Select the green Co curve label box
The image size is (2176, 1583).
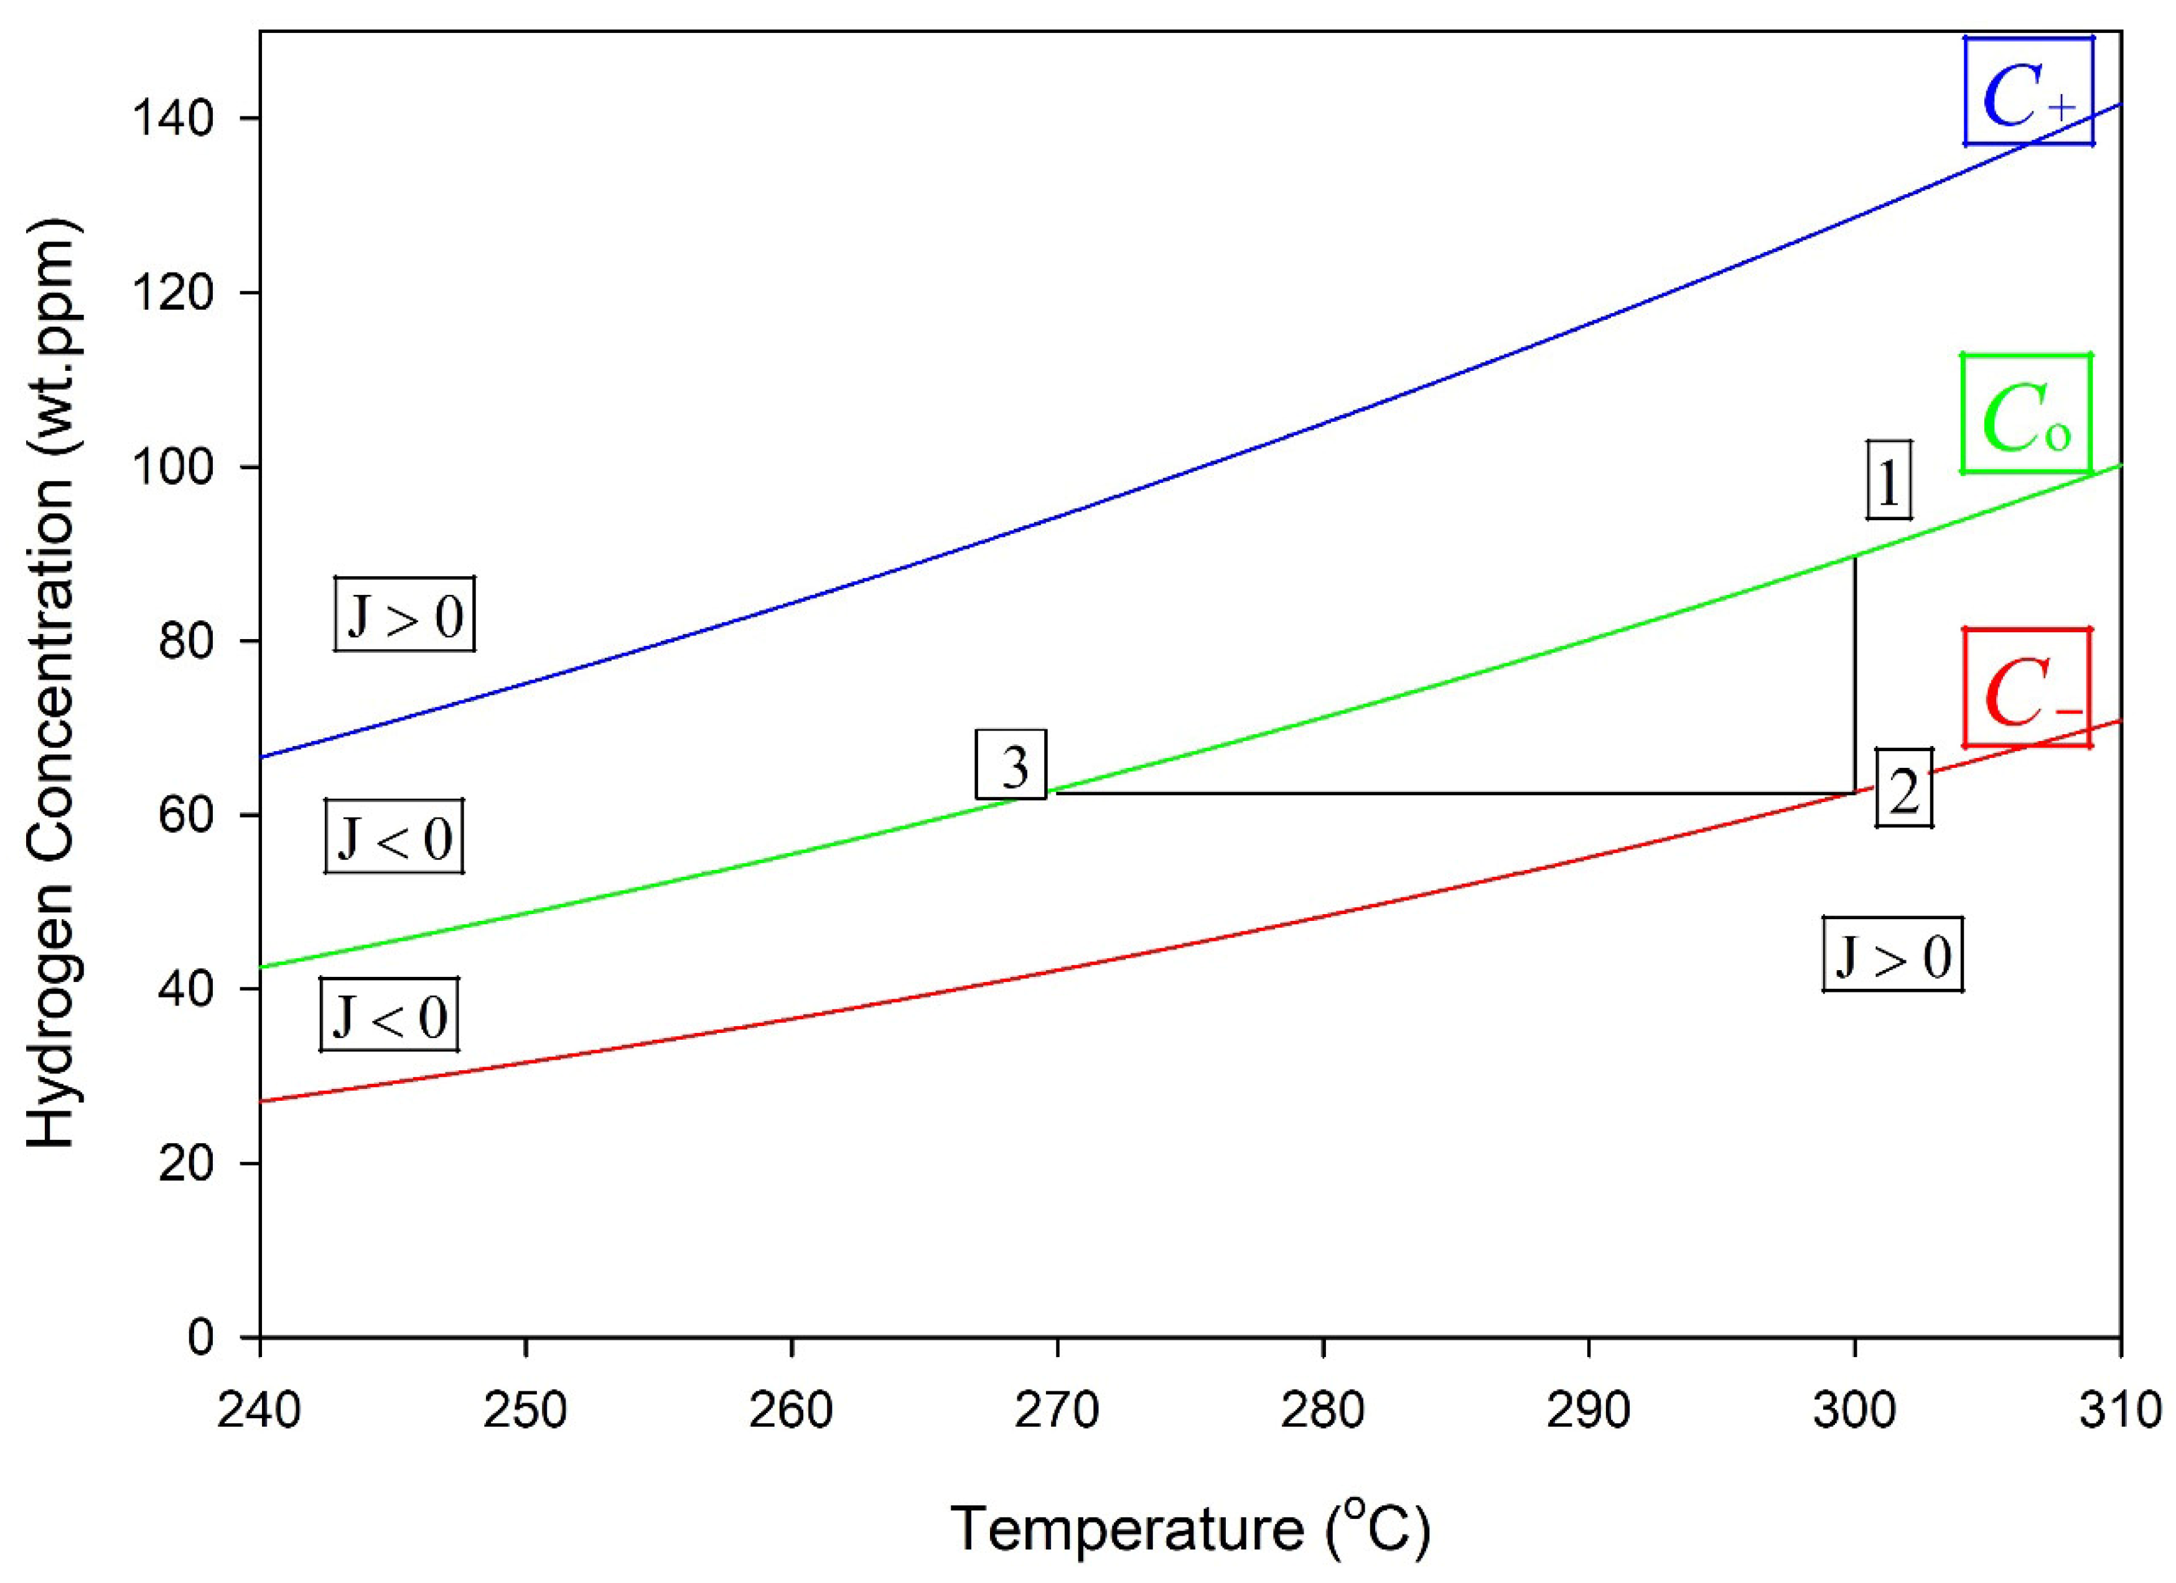(x=2026, y=414)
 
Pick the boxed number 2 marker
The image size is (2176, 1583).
(x=1903, y=788)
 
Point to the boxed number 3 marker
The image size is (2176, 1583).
(x=1011, y=765)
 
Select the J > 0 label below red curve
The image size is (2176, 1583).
(x=1893, y=955)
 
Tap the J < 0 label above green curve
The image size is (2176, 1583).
(x=395, y=836)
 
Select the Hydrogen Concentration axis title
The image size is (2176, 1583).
(x=53, y=685)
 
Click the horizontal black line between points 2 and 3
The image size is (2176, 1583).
(x=1439, y=793)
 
